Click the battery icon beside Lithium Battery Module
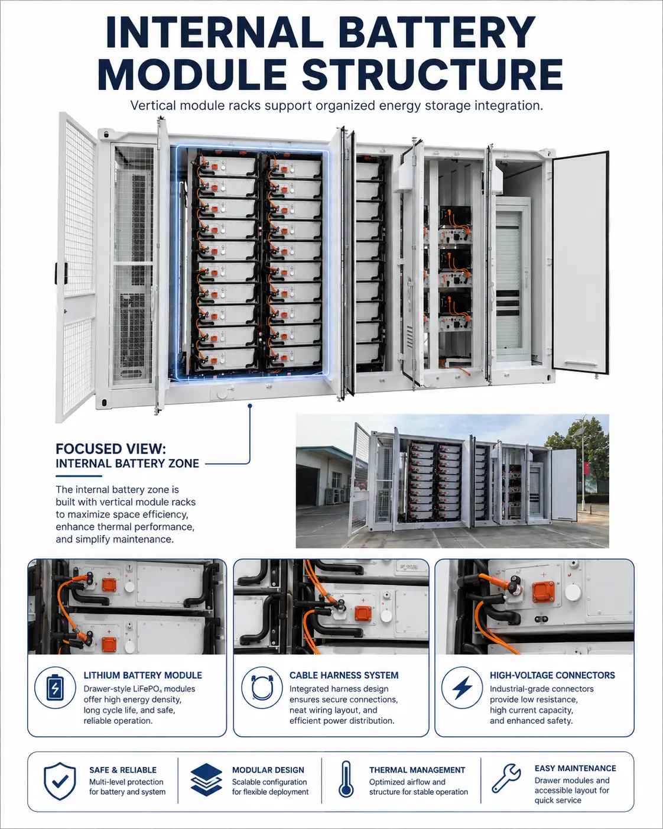click(x=55, y=698)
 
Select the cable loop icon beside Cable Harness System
click(x=262, y=698)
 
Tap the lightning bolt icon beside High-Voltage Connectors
click(x=462, y=698)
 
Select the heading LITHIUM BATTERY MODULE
click(x=143, y=675)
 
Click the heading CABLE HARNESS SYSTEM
click(x=344, y=675)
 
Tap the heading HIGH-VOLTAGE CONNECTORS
click(x=552, y=675)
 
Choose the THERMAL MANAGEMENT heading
click(x=417, y=770)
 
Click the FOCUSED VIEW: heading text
click(x=111, y=449)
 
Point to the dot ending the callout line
click(x=250, y=406)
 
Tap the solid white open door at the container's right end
click(x=581, y=263)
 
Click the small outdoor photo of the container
click(x=453, y=481)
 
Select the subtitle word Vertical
click(x=152, y=106)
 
